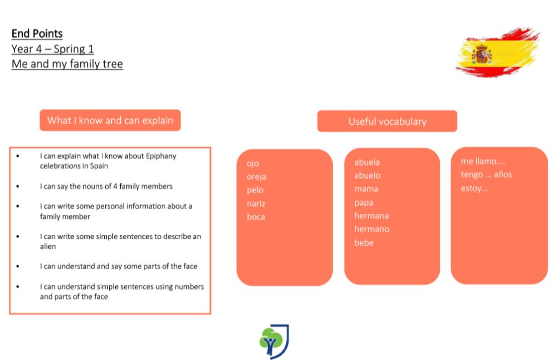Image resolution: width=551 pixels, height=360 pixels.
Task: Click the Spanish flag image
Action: click(497, 53)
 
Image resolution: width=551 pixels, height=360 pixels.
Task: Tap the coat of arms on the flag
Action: click(482, 54)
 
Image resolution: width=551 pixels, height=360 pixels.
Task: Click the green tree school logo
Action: click(274, 342)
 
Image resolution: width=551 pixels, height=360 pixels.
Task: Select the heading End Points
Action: click(37, 34)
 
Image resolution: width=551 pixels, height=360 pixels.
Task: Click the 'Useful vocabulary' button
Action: click(387, 121)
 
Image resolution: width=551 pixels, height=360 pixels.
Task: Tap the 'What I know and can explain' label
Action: click(110, 120)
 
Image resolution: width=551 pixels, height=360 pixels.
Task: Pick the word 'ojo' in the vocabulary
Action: click(253, 164)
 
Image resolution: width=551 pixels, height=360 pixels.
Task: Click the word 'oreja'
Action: click(256, 177)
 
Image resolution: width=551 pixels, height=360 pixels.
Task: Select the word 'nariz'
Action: click(256, 204)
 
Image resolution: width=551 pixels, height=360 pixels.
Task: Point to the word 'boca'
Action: click(256, 217)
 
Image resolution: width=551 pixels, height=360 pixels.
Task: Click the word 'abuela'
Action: click(367, 162)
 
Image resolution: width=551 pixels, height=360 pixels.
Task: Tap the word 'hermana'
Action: click(372, 216)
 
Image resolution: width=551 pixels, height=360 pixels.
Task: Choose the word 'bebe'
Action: click(364, 243)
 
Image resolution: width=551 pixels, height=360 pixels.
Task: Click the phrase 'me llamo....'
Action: click(483, 161)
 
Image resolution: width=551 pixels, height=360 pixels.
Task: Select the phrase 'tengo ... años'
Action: click(486, 174)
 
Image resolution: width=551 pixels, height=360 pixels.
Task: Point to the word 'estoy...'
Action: click(474, 188)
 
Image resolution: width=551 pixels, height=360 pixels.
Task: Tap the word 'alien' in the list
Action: click(48, 246)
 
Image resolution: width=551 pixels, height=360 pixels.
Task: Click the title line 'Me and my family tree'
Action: click(67, 64)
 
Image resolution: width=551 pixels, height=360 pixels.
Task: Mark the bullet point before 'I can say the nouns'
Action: click(18, 186)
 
